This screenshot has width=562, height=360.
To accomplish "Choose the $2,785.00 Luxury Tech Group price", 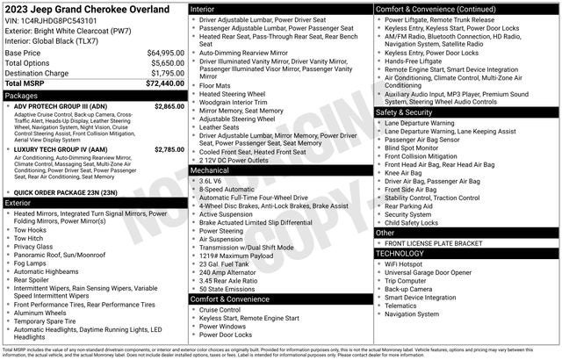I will click(x=169, y=150).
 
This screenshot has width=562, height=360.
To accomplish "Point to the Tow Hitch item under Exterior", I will click(x=29, y=238).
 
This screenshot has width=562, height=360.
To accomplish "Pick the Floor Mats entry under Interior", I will click(x=215, y=86).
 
